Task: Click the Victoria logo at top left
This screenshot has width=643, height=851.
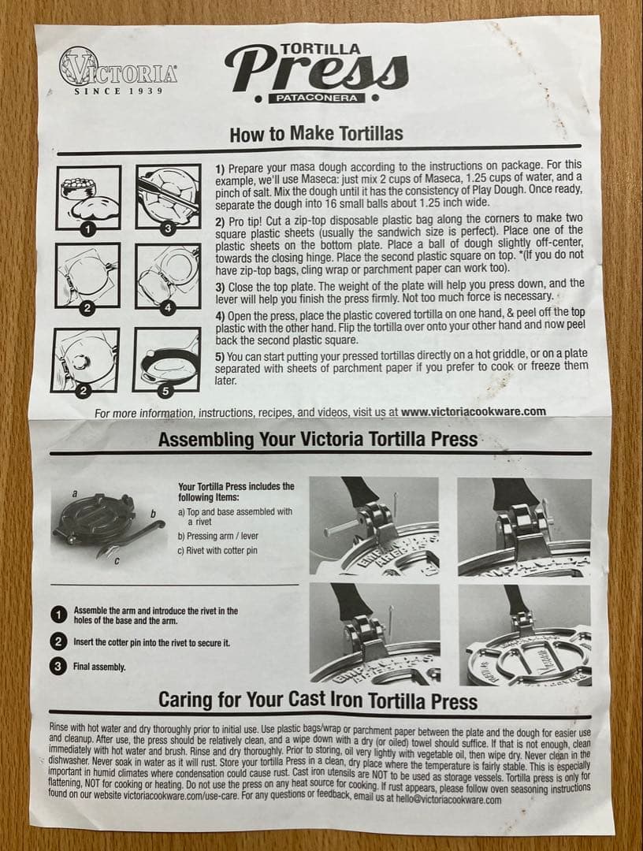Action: [x=117, y=71]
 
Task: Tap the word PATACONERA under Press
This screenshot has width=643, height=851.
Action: [x=317, y=98]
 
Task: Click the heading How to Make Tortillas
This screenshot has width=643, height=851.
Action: [x=316, y=133]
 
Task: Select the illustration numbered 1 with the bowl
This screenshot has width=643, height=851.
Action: [x=88, y=198]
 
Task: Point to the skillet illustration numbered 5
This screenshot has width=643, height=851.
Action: [x=166, y=359]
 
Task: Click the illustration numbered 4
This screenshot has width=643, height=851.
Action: [x=168, y=277]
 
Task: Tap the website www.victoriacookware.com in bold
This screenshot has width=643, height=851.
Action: [x=473, y=411]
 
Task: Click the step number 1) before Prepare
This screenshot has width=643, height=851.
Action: [x=220, y=168]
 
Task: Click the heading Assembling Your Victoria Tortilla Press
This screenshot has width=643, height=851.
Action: [x=318, y=439]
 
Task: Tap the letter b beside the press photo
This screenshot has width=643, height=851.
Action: [x=153, y=513]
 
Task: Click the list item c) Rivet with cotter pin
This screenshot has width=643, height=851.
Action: [x=217, y=550]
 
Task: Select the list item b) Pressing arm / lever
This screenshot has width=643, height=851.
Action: [x=218, y=536]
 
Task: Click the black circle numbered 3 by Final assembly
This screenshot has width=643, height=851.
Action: [x=58, y=667]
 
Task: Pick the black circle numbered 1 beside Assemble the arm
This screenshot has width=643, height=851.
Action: [x=58, y=615]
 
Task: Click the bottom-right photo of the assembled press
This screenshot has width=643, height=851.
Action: [x=524, y=634]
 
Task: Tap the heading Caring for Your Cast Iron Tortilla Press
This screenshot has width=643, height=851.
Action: [x=318, y=700]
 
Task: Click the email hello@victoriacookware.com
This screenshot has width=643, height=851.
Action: [x=448, y=799]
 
